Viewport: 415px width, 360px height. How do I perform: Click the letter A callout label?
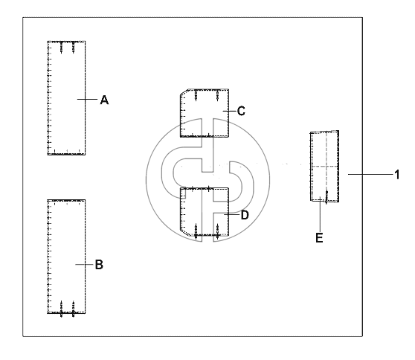coord(105,100)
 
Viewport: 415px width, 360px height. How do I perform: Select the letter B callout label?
coord(99,265)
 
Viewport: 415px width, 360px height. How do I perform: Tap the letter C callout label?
coord(241,111)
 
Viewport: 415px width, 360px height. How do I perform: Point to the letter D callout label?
coord(245,215)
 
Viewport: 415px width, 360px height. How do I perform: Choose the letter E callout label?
coord(320,238)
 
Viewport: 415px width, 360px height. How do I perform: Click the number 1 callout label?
coord(396,175)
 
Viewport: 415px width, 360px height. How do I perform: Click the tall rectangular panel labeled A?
coord(66,97)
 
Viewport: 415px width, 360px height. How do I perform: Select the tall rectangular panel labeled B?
coord(66,257)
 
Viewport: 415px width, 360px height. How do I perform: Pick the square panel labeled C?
coord(205,113)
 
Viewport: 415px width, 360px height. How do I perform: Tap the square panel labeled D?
coord(205,211)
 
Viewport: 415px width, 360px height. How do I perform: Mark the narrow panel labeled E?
coord(324,166)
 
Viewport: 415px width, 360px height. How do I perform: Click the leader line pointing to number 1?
coord(370,175)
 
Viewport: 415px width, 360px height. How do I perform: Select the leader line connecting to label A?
coord(87,99)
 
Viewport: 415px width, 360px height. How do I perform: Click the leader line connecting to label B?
coord(84,265)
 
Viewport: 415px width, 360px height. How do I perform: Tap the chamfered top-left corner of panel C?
coord(184,91)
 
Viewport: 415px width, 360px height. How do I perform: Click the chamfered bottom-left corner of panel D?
coord(184,233)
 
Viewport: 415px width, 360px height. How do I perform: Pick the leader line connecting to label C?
coord(230,111)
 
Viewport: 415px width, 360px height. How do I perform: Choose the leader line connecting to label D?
coord(232,214)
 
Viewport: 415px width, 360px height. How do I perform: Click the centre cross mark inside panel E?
coord(326,166)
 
